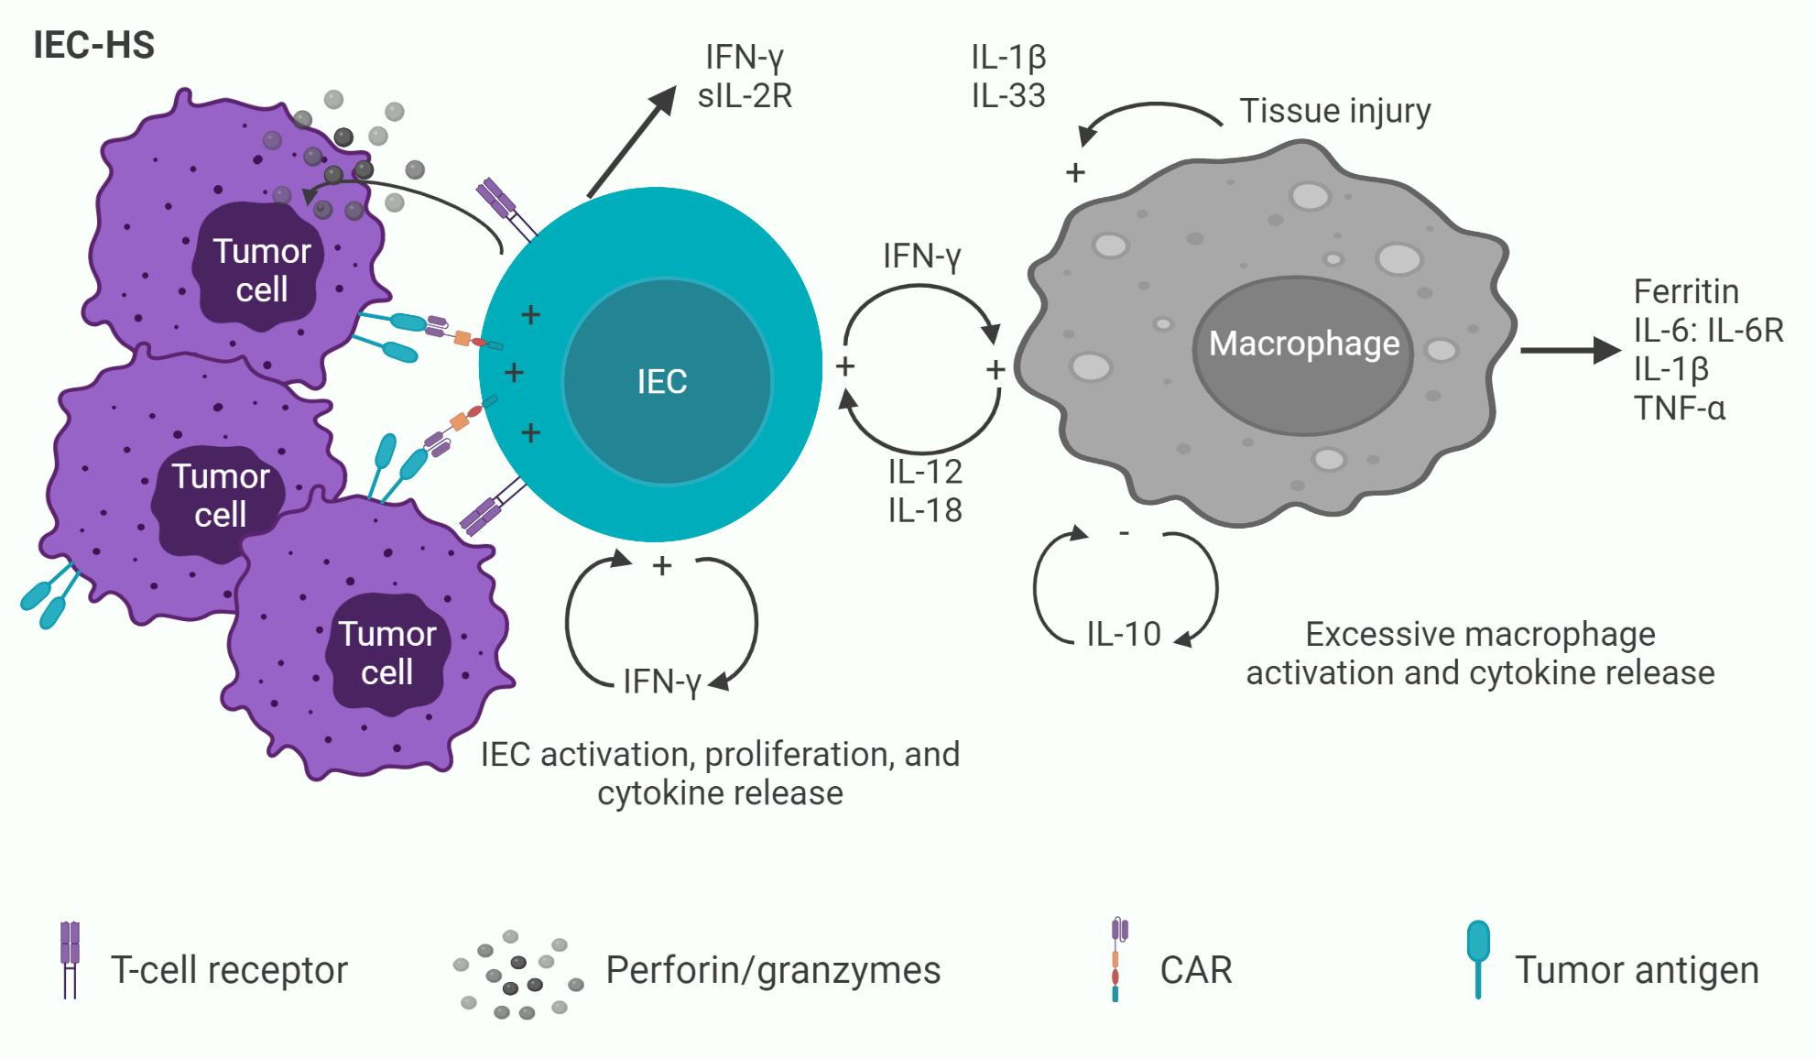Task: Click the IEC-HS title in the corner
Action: coord(93,45)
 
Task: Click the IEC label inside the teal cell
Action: coord(661,381)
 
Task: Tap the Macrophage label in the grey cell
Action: coord(1303,344)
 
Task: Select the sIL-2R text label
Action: coord(745,96)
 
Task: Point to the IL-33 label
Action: coord(1008,96)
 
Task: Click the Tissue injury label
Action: coord(1334,111)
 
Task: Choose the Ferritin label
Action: coord(1685,291)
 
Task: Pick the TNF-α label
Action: coord(1679,408)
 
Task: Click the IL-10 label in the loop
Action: coord(1123,634)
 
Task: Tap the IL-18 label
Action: coord(925,510)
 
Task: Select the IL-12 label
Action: coord(925,472)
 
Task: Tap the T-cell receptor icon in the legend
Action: coord(70,959)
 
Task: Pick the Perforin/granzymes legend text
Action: coord(773,970)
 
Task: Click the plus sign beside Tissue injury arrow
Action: coord(1075,172)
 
